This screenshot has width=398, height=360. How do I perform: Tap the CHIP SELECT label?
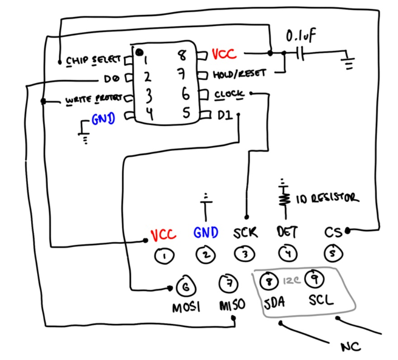[94, 60]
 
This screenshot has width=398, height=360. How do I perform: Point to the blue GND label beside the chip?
[103, 119]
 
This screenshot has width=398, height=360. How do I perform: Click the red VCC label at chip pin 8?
[224, 55]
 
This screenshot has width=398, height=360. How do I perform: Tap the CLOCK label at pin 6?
[229, 94]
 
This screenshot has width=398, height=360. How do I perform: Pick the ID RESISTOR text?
[327, 198]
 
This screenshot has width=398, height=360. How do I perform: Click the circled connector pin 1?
[163, 256]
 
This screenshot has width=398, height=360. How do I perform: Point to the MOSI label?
[186, 308]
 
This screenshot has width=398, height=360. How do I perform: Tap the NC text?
[351, 347]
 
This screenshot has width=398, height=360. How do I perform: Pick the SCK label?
[245, 233]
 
